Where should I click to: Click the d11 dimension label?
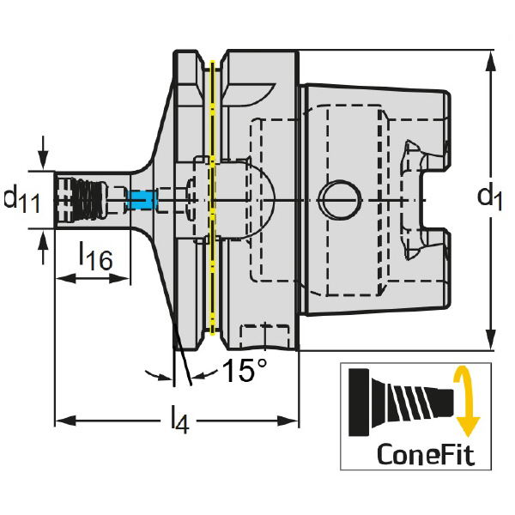coord(21,199)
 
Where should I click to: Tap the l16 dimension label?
coord(94,255)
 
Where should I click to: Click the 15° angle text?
coord(245,370)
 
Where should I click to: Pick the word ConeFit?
coord(425,452)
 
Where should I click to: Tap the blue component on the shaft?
coord(139,200)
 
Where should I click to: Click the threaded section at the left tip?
coord(82,199)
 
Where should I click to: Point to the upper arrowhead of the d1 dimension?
coord(489,58)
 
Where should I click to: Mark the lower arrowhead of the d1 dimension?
coord(489,343)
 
